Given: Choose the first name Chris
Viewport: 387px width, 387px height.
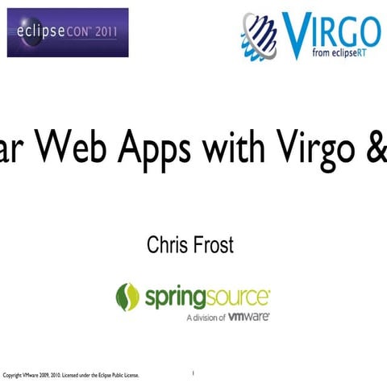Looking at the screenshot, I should pos(167,245).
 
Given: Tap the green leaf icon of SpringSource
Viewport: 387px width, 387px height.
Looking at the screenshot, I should pos(127,297).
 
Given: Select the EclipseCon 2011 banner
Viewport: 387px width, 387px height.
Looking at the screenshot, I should pos(68,32).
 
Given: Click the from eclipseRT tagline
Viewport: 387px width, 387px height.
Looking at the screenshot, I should pos(343,55).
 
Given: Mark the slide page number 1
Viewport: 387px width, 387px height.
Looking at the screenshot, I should pos(193,373).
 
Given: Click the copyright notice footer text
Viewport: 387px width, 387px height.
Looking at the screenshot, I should pos(72,376).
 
